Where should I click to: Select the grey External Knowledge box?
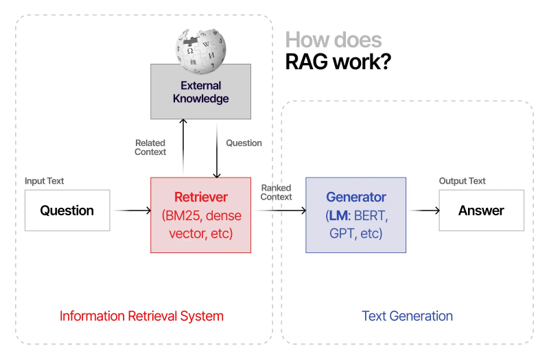tap(200, 92)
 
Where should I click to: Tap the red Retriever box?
tap(200, 215)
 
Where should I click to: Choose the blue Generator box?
tap(355, 215)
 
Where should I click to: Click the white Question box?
tap(67, 211)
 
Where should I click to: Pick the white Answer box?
tap(481, 211)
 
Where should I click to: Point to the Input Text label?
tap(45, 181)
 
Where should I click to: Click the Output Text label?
tap(462, 181)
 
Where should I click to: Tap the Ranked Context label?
tap(276, 192)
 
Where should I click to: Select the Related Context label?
tap(150, 147)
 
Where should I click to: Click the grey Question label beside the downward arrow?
tap(244, 143)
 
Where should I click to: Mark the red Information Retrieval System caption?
tap(141, 316)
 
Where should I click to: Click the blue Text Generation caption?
tap(407, 316)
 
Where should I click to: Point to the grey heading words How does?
tap(334, 40)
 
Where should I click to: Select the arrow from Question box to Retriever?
tap(132, 211)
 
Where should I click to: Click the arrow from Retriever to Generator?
tap(279, 211)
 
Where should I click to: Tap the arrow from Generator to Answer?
tap(423, 211)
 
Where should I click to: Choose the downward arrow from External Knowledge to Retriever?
tap(217, 147)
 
